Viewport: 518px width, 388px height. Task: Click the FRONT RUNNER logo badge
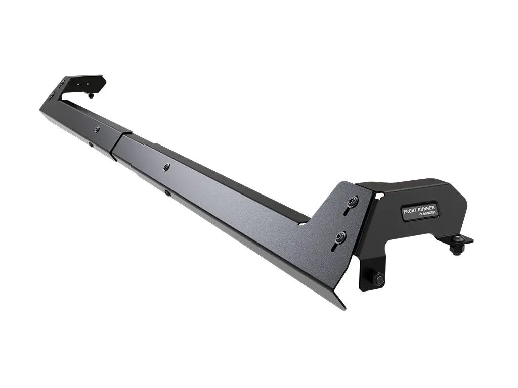419,211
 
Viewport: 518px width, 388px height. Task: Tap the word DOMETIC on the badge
426,215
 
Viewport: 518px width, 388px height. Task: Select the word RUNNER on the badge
425,208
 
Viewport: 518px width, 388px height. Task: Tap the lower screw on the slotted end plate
341,235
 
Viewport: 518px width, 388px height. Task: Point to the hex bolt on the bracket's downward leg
377,278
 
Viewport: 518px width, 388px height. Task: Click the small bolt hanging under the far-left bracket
91,94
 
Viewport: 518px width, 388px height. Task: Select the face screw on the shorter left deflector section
97,129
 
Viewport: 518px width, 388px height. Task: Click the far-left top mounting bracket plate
83,83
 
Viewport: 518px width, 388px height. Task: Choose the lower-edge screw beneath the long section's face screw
167,192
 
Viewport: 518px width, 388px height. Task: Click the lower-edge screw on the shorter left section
91,145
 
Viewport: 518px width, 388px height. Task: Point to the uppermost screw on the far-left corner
62,82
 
